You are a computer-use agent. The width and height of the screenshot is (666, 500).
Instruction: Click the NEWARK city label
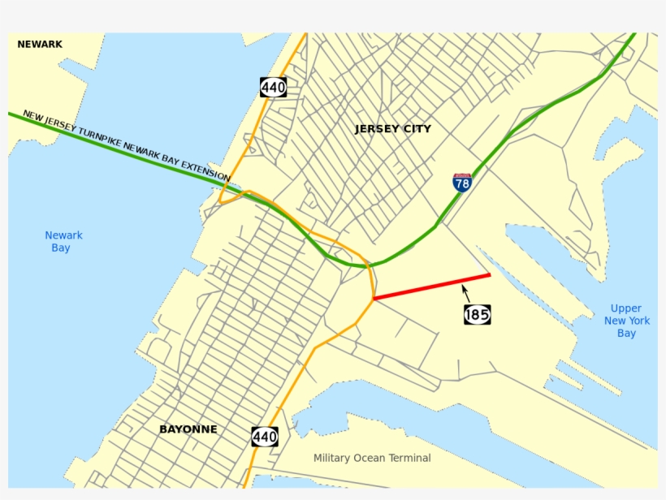point(40,45)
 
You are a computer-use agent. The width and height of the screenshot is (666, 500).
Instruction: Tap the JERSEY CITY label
point(393,129)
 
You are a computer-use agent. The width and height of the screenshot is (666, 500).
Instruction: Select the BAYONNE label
point(188,429)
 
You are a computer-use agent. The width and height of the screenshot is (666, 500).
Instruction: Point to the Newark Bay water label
point(63,241)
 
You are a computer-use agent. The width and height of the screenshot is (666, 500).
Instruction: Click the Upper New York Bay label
point(626,321)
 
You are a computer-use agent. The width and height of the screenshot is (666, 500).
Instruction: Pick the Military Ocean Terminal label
point(372,459)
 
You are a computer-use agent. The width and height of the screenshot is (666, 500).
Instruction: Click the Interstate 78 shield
point(462,182)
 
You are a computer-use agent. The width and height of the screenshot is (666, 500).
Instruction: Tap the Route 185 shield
point(477,314)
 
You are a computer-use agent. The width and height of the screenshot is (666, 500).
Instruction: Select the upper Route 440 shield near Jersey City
point(273,87)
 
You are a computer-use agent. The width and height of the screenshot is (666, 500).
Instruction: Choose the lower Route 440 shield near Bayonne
point(265,436)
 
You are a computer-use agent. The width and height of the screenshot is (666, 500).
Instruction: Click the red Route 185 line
point(430,287)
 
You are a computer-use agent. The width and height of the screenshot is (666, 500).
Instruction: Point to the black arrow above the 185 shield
point(466,293)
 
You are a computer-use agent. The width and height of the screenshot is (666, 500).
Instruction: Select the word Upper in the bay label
point(626,308)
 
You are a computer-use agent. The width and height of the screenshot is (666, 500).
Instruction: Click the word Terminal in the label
point(409,459)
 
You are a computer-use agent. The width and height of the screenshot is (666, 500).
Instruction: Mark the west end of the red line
point(374,299)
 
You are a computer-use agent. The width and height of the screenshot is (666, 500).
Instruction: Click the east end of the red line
point(490,275)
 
